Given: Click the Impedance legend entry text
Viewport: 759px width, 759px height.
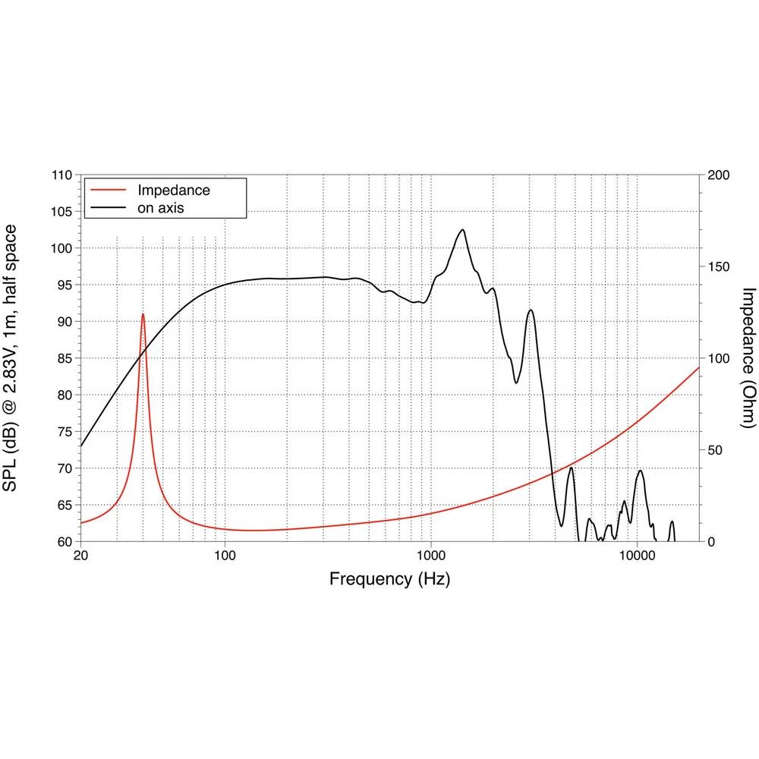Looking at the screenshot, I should click(x=173, y=190).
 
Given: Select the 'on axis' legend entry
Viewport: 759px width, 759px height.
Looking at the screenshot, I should click(x=161, y=207).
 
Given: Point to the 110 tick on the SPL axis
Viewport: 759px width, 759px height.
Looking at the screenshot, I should click(x=61, y=175).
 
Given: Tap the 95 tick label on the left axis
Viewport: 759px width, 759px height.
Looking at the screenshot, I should click(x=65, y=285).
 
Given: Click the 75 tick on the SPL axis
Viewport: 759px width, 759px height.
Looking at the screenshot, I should click(x=65, y=432).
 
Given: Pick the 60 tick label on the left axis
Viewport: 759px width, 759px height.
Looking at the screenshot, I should click(x=65, y=542).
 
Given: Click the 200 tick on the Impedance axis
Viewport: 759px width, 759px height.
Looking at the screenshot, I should click(x=718, y=175).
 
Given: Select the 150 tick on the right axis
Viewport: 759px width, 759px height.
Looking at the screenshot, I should click(x=718, y=267).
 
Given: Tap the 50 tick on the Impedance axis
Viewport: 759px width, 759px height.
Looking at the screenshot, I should click(x=714, y=450).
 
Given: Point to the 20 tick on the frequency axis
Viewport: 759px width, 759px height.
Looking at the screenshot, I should click(x=80, y=556).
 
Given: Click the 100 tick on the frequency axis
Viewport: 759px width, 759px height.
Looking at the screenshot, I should click(x=225, y=556).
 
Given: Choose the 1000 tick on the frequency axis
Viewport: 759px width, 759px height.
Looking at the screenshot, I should click(x=431, y=556).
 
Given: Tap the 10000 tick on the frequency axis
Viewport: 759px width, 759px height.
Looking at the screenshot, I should click(x=637, y=556).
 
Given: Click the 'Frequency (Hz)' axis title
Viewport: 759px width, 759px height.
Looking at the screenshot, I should click(x=389, y=579).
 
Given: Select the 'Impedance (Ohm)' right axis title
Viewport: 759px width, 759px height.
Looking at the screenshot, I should click(x=748, y=357).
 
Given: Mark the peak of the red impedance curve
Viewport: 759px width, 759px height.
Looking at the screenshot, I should click(x=143, y=314).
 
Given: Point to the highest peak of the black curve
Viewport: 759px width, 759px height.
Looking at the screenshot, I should click(x=461, y=229).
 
